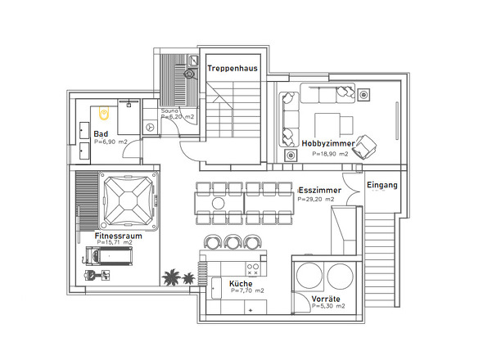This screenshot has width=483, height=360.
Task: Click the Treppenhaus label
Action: point(232,69)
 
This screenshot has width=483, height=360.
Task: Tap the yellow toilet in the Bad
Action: point(104,113)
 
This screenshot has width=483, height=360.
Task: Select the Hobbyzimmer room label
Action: point(328,143)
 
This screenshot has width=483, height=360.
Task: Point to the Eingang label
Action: point(382,186)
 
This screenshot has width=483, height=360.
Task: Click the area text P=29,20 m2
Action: point(316,200)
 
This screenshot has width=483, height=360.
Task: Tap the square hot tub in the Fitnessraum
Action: point(129,200)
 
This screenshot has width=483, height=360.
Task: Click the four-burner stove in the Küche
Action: point(253,269)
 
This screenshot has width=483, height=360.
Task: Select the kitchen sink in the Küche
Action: point(216,288)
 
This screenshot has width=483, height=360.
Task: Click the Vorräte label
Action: point(326,299)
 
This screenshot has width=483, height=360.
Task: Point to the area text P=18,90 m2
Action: point(330,154)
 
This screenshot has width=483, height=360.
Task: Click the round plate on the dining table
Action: point(218,203)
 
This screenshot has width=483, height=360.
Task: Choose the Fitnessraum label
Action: point(118,236)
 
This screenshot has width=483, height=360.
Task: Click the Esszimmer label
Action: point(320,191)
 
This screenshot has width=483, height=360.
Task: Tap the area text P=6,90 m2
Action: point(111,142)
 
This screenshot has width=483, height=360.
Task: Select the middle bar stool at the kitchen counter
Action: point(232,241)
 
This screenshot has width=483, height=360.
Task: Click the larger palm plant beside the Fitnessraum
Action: point(171,277)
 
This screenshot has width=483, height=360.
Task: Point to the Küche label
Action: point(241,284)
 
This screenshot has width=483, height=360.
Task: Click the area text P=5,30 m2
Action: point(328,306)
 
